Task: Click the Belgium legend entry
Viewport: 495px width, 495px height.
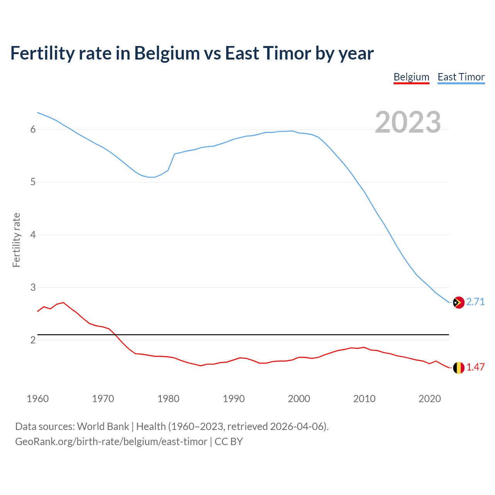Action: pyautogui.click(x=411, y=77)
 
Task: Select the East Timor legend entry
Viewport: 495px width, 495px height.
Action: pyautogui.click(x=461, y=77)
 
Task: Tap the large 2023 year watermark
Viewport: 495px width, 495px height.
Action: pyautogui.click(x=408, y=122)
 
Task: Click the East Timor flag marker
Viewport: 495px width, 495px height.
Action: pyautogui.click(x=459, y=302)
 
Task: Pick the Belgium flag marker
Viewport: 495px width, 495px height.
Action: pyautogui.click(x=459, y=368)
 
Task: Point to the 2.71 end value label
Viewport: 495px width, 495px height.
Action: pyautogui.click(x=475, y=302)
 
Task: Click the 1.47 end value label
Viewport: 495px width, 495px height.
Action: pyautogui.click(x=475, y=367)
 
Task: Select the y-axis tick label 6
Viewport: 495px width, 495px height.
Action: pyautogui.click(x=33, y=130)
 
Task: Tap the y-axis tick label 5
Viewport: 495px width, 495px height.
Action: pyautogui.click(x=33, y=182)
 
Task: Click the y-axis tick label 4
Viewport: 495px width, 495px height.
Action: pyautogui.click(x=33, y=235)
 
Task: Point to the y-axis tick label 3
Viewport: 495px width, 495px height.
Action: pyautogui.click(x=33, y=288)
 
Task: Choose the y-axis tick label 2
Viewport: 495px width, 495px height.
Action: pyautogui.click(x=33, y=340)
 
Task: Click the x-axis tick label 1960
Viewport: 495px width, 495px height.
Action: pyautogui.click(x=38, y=399)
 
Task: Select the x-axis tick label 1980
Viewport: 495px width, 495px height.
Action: pyautogui.click(x=168, y=399)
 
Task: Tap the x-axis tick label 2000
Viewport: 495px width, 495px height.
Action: pyautogui.click(x=299, y=399)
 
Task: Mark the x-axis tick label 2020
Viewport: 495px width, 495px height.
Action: pyautogui.click(x=430, y=399)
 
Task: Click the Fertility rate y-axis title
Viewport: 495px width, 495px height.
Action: pyautogui.click(x=16, y=240)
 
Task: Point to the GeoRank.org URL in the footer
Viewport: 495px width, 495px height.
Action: pyautogui.click(x=111, y=442)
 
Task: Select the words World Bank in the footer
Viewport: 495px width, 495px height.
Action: pyautogui.click(x=103, y=427)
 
